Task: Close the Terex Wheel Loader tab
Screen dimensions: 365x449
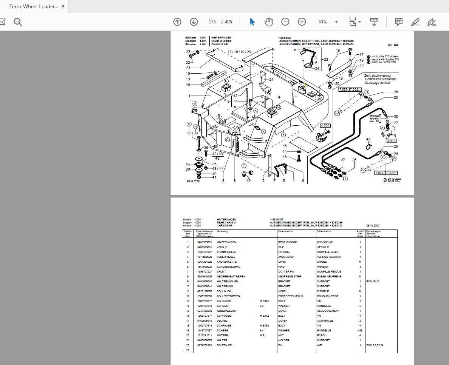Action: point(63,6)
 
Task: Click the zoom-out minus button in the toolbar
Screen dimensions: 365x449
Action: point(285,22)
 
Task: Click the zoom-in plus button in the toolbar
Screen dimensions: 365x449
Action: point(302,22)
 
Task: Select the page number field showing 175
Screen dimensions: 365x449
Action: point(212,22)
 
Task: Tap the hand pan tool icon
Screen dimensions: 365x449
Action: point(269,22)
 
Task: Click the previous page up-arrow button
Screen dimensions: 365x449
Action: point(177,22)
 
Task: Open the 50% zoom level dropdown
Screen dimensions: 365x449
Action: point(327,22)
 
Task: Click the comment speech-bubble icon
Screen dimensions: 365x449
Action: point(398,22)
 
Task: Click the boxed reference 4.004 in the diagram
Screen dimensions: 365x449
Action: point(325,125)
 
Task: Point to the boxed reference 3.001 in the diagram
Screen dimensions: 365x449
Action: point(391,141)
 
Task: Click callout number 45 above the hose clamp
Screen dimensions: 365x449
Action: point(368,139)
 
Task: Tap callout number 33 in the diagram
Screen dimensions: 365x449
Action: point(187,51)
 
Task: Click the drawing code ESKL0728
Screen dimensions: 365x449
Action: point(193,182)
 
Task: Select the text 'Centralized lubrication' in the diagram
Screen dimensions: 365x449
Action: point(381,79)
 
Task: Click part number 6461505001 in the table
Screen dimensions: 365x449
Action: point(204,242)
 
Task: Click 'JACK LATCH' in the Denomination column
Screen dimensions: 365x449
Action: point(286,257)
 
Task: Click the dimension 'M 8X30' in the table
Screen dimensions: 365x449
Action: point(264,326)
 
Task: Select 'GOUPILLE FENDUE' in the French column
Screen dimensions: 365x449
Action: point(329,272)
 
